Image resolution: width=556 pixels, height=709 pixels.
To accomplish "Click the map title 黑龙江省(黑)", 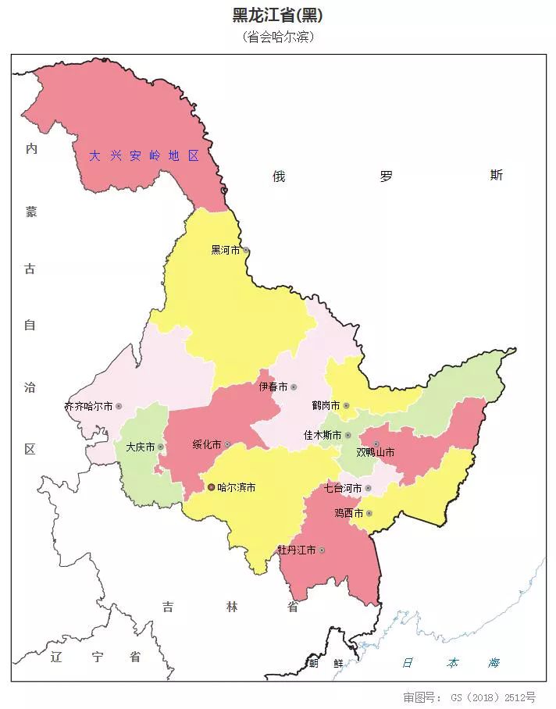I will pos(277,15).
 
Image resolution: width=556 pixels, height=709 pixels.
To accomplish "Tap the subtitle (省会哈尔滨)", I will pos(277,37).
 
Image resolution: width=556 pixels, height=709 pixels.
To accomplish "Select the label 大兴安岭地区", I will pos(144,155).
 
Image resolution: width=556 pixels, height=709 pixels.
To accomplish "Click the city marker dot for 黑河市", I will pos(246,251).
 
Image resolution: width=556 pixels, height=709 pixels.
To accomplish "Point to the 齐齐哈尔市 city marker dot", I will pos(119,406).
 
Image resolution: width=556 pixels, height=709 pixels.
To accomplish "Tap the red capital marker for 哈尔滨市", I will pos(211,487).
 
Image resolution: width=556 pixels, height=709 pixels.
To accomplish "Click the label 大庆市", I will pos(141,447).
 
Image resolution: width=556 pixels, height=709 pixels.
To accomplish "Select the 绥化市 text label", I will pos(207,444).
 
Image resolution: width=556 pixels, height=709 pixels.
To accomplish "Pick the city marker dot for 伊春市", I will pos(294,387).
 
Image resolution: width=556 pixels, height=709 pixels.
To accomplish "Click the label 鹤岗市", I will pos(326,406).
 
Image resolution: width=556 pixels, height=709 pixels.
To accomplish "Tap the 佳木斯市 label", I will pos(323,435).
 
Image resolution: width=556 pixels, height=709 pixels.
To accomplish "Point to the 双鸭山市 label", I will pos(375,452).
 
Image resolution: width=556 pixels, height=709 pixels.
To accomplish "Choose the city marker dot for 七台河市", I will pos(368,489).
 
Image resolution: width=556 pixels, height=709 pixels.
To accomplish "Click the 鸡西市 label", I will pos(348,513).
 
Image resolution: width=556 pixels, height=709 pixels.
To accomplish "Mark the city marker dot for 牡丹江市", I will pos(322,550).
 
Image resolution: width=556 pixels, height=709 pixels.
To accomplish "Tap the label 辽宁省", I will pos(94,656).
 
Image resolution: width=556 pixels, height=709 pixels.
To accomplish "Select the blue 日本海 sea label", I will pos(451,663).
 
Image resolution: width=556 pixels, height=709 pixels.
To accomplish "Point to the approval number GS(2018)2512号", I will pos(469,697).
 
